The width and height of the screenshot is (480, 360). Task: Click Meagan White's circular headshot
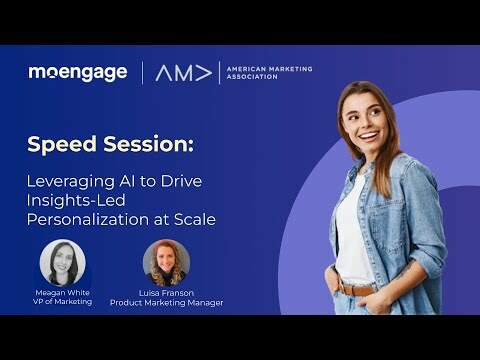click(x=62, y=262)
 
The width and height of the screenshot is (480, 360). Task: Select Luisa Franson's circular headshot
click(x=166, y=262)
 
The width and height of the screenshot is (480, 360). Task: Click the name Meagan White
click(x=62, y=292)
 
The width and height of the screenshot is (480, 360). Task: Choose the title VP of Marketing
click(x=62, y=303)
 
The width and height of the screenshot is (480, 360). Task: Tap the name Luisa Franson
click(x=166, y=292)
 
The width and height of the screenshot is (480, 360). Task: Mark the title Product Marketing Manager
click(x=166, y=303)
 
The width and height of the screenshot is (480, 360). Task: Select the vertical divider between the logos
click(x=143, y=72)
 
